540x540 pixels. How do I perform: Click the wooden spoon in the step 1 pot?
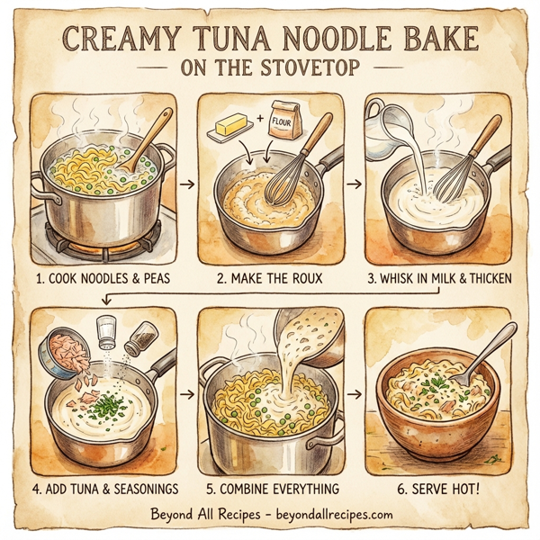click(151, 139)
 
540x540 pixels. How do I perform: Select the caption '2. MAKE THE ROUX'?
click(269, 278)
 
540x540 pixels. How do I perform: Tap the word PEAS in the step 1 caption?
click(143, 278)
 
